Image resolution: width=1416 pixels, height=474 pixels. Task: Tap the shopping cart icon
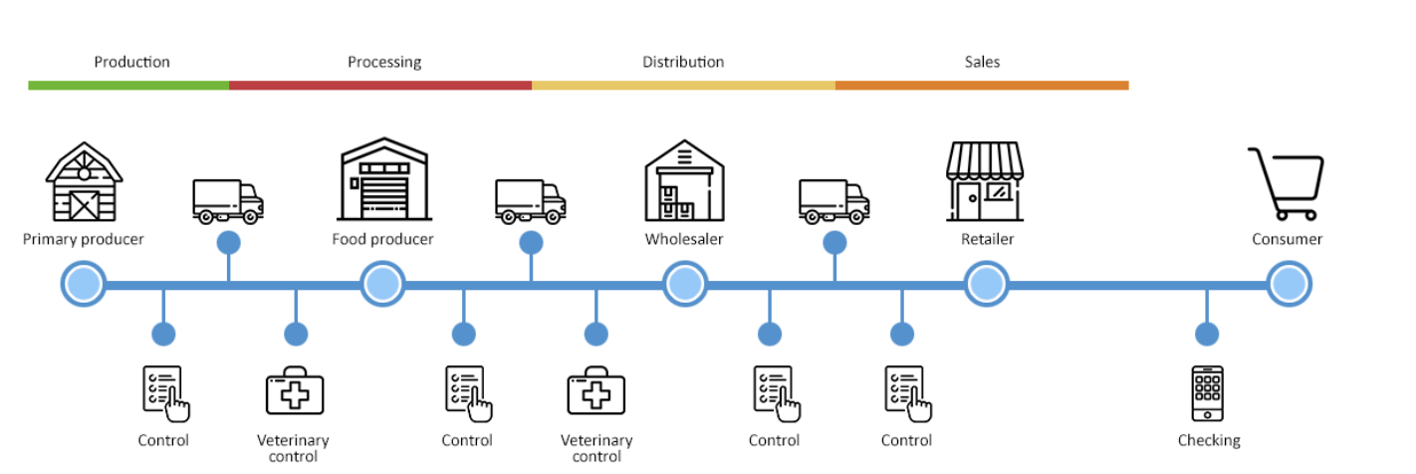tap(1287, 183)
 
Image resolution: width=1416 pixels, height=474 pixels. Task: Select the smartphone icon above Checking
tap(1207, 393)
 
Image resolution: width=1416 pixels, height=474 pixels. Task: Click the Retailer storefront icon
tap(984, 180)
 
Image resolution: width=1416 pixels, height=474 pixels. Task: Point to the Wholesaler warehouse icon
tap(684, 180)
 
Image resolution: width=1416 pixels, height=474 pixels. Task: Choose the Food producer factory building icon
tap(383, 180)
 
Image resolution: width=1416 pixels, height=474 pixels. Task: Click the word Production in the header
tap(131, 62)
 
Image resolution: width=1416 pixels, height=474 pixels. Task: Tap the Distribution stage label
tap(683, 62)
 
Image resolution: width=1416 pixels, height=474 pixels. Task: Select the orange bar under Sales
tap(982, 86)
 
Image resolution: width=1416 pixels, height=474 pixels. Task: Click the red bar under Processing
tap(380, 86)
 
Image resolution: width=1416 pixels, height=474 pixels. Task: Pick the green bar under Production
tap(128, 86)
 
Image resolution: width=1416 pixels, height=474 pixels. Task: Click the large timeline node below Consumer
tap(1289, 285)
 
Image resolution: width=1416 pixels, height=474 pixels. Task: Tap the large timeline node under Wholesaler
tap(685, 285)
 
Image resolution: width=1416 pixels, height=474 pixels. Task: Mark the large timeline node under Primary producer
tap(83, 285)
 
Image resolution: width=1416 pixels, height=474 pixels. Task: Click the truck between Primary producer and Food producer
tap(228, 201)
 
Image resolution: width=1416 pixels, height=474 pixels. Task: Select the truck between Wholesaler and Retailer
tap(834, 201)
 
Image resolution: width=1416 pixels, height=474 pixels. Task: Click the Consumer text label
tap(1288, 239)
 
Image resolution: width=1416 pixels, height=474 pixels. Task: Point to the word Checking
tap(1209, 440)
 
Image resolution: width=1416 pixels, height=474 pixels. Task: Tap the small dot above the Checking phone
tap(1207, 334)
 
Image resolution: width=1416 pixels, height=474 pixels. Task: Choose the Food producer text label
tap(383, 239)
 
